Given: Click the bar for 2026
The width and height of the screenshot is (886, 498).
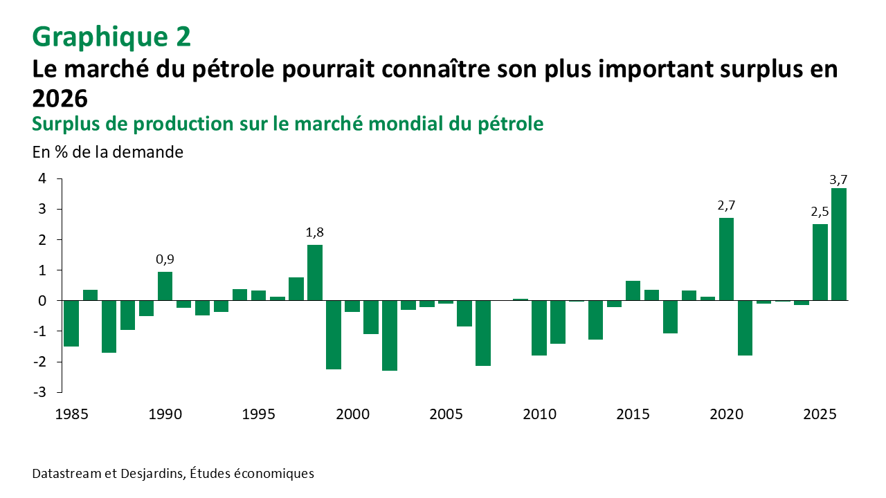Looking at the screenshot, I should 839,244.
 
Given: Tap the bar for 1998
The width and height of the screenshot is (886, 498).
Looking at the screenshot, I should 315,273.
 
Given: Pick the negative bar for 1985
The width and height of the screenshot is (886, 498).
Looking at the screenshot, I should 71,323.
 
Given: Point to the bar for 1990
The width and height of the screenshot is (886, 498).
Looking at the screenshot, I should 165,286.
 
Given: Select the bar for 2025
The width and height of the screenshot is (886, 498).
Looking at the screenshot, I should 820,262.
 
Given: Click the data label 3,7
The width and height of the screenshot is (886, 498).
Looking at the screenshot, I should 838,181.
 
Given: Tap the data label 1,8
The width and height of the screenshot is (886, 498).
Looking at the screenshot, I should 314,232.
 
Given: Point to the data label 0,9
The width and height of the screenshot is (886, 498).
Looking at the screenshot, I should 165,259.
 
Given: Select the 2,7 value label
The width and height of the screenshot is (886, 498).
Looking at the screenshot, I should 726,205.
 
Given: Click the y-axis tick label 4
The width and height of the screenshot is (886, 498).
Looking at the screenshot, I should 42,178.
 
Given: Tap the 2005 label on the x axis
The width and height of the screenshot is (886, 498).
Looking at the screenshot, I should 446,415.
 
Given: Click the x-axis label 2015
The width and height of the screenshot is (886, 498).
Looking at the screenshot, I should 633,415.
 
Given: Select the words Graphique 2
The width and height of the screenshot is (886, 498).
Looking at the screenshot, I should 111,37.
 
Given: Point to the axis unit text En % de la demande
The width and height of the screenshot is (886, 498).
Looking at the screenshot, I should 108,152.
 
